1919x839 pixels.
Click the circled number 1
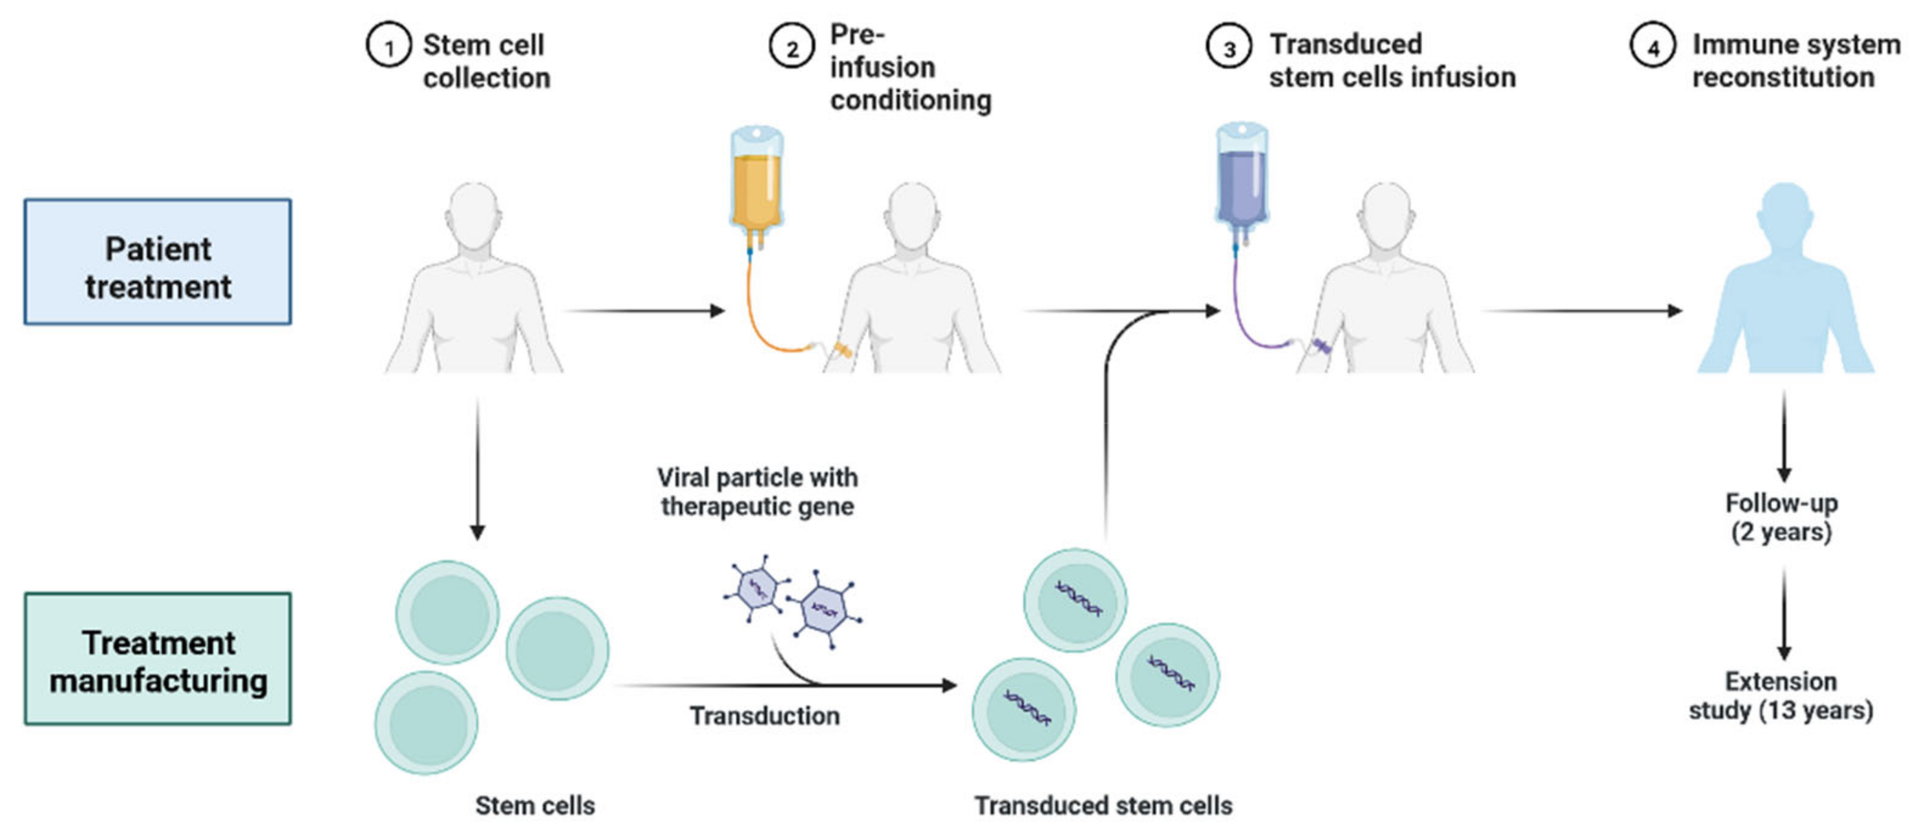click(388, 45)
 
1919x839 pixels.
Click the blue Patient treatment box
click(158, 262)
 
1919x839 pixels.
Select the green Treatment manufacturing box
click(158, 659)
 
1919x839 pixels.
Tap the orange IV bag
click(757, 186)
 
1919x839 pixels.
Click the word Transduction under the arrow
click(765, 716)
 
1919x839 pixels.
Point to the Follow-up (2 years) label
click(1781, 517)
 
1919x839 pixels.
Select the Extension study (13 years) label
click(1781, 696)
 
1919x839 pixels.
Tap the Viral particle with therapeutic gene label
click(757, 491)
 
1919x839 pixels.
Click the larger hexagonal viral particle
click(824, 609)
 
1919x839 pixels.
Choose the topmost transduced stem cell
click(1075, 600)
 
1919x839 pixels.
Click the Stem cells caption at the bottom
click(535, 805)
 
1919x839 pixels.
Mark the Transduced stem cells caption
click(1103, 805)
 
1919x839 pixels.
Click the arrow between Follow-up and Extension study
click(1783, 614)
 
